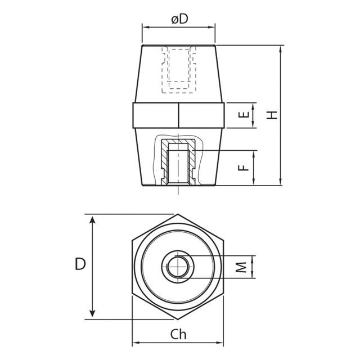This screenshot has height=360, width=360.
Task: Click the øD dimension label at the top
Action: click(179, 19)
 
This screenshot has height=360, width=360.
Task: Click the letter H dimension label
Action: click(272, 115)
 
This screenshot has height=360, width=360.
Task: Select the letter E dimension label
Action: click(243, 115)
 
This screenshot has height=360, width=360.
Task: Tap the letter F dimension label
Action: click(243, 167)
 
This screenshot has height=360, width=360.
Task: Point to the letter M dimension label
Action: click(241, 267)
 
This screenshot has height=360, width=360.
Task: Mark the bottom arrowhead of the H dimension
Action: click(280, 181)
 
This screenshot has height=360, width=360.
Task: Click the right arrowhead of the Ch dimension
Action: click(221, 343)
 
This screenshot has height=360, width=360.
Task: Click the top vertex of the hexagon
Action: click(178, 214)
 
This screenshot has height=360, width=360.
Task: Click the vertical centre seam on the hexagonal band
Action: click(179, 115)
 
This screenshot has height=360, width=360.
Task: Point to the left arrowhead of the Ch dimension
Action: click(136, 343)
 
